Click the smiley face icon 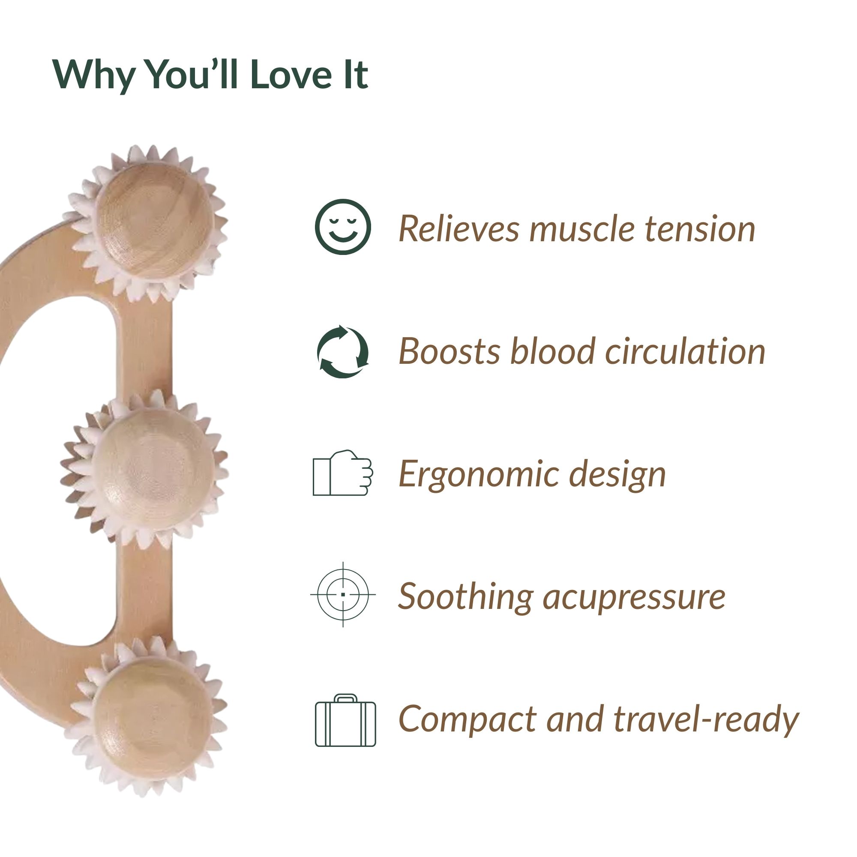pyautogui.click(x=342, y=227)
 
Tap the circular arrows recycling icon pyautogui.click(x=342, y=351)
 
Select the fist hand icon pyautogui.click(x=342, y=473)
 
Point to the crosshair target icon pyautogui.click(x=343, y=594)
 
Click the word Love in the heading pyautogui.click(x=291, y=75)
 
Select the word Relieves pyautogui.click(x=458, y=228)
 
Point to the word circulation pyautogui.click(x=685, y=351)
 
